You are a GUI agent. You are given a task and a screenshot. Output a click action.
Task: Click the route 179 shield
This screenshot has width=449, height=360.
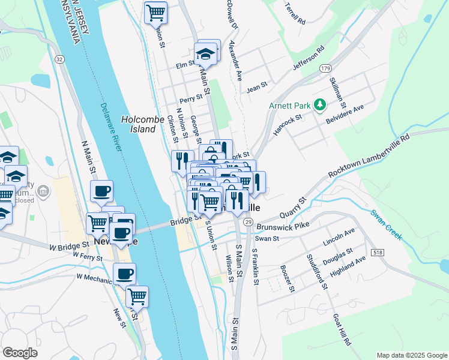[325, 68]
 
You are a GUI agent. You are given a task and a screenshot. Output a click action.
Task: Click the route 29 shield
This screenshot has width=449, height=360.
[248, 222]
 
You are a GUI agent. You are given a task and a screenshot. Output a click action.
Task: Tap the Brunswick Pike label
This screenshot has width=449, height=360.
[282, 227]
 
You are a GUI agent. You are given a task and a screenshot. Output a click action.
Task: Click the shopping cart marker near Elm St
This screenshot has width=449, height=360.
[156, 12]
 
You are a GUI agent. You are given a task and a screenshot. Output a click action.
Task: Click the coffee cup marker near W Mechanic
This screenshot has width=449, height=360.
[124, 274]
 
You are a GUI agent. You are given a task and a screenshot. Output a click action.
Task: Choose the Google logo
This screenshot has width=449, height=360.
[20, 353]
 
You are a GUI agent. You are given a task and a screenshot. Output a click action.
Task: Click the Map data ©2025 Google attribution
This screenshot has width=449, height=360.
[411, 355]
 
